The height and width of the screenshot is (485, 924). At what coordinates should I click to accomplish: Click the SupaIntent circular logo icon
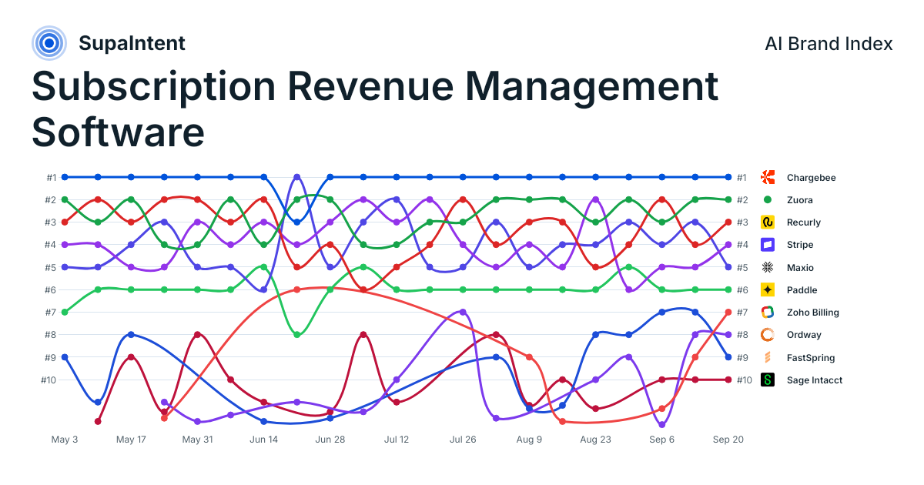click(49, 43)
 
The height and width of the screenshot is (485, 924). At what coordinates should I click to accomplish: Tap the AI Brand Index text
click(829, 44)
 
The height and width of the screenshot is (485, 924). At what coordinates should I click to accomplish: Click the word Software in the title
click(118, 132)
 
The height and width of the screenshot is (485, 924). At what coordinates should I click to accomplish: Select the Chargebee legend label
click(811, 178)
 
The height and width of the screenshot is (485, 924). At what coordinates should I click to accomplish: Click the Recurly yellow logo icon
click(767, 222)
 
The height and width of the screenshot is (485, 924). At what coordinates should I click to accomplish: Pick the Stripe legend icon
click(767, 245)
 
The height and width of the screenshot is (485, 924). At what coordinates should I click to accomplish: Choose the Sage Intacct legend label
click(815, 380)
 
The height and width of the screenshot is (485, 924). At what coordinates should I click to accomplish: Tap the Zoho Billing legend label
click(812, 313)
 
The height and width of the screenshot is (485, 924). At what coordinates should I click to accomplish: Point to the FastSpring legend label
click(811, 357)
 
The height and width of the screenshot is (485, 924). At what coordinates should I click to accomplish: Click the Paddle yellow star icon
click(767, 290)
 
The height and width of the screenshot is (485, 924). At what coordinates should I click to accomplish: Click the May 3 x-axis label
click(65, 440)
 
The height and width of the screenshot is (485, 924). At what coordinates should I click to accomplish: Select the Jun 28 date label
click(330, 440)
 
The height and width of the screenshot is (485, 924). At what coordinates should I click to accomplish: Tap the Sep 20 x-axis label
click(728, 440)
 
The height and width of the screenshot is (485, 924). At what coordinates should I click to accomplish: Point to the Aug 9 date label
click(529, 440)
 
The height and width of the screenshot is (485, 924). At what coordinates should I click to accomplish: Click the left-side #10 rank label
click(49, 380)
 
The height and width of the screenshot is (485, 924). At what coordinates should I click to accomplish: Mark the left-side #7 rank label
click(50, 313)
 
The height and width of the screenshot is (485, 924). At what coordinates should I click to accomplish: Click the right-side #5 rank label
click(742, 267)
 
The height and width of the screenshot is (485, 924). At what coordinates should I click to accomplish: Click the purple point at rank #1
click(297, 177)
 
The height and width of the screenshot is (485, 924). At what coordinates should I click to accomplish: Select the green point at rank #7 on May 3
click(65, 313)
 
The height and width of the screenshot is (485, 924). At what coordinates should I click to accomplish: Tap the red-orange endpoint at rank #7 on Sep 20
click(728, 313)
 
